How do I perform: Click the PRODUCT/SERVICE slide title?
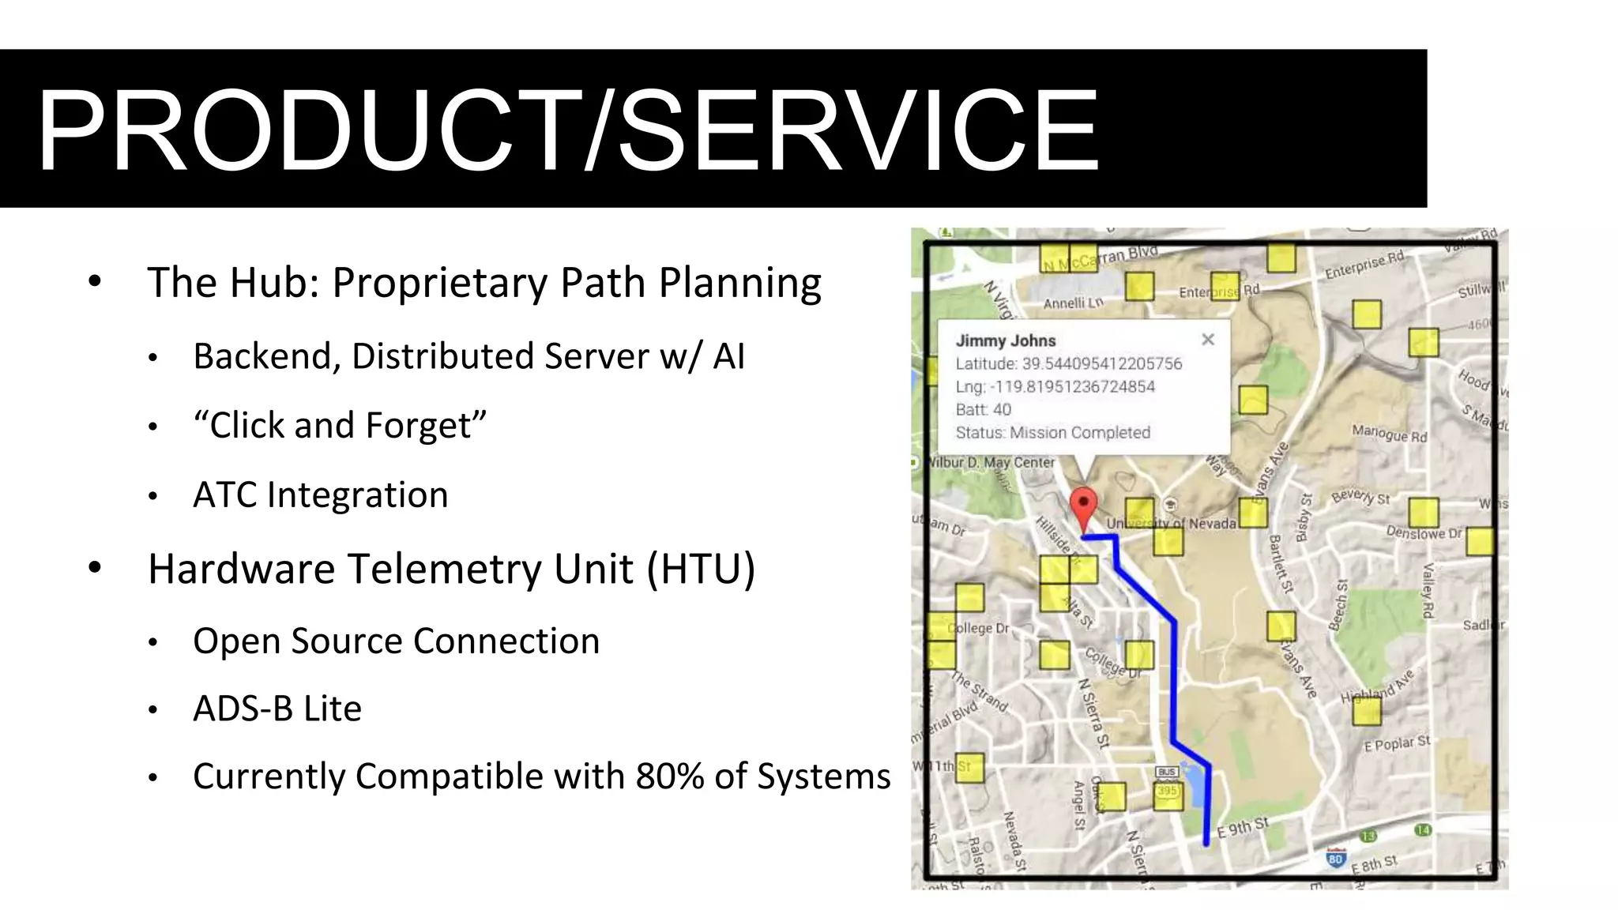(x=567, y=130)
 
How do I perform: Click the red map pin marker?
(x=1083, y=506)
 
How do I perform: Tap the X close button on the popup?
(x=1207, y=340)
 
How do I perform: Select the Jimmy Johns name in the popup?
(x=1005, y=340)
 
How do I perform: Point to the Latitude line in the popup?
(x=1068, y=363)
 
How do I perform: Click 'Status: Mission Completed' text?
(x=1052, y=432)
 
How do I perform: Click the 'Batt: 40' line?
(x=983, y=409)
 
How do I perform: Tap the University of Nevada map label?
(x=1171, y=523)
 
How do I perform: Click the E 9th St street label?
(x=1242, y=827)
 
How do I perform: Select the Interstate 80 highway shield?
(x=1335, y=858)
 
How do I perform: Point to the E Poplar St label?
(x=1397, y=743)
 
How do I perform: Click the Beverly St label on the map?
(x=1360, y=497)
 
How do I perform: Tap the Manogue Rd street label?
(x=1389, y=434)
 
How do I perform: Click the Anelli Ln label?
(x=1073, y=303)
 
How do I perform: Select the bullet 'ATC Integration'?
(x=320, y=495)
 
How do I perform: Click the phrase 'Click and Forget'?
(x=340, y=426)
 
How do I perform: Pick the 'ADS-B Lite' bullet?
(x=277, y=709)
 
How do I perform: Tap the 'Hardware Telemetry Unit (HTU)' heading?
(x=451, y=569)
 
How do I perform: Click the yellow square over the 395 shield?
(x=1168, y=795)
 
